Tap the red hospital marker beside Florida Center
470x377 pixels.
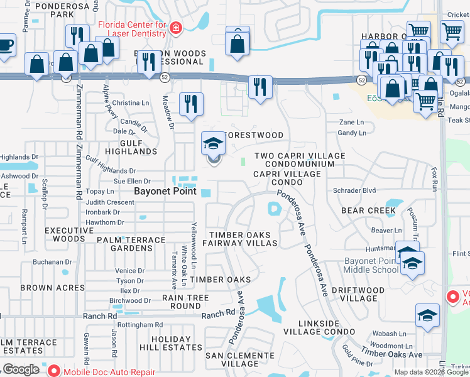pos(175,27)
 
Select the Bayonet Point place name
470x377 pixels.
pos(165,191)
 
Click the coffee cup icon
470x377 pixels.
pos(5,46)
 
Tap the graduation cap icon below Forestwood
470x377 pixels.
pos(213,145)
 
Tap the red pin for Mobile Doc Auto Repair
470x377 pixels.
pos(53,371)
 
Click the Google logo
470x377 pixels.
pos(21,369)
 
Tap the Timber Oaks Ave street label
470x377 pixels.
pos(381,354)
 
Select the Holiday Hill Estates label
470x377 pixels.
pos(168,343)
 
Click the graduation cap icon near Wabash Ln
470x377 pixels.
pos(427,315)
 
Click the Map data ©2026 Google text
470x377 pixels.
pos(430,372)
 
